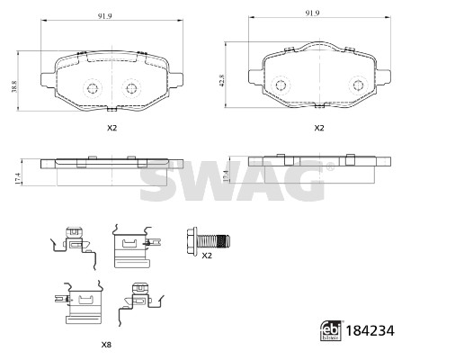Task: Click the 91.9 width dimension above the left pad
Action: click(x=104, y=16)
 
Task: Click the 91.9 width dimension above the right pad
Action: click(x=312, y=13)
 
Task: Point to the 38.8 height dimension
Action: click(x=14, y=86)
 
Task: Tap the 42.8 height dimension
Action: click(x=222, y=80)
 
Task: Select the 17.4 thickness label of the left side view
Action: click(x=18, y=178)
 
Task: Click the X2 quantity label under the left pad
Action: click(x=112, y=128)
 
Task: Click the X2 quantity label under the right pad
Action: click(x=319, y=128)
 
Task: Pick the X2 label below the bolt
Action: click(x=207, y=256)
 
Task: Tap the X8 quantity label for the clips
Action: click(x=106, y=345)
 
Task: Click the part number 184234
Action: click(x=370, y=330)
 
